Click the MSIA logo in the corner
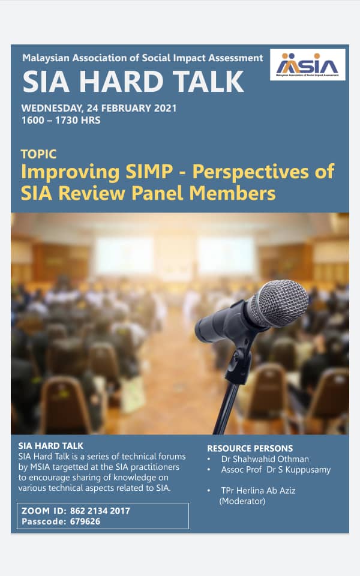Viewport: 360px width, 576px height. click(x=307, y=65)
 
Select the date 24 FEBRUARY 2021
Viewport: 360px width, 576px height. click(x=131, y=109)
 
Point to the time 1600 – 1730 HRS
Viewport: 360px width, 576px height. click(x=61, y=121)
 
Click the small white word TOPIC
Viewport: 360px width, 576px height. click(x=38, y=154)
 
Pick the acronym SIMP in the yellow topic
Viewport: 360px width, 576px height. click(x=149, y=172)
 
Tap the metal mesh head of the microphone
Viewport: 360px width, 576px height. click(x=283, y=302)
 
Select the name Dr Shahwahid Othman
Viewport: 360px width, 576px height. click(x=265, y=459)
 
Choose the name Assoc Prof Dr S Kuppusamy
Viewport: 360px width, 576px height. click(x=275, y=470)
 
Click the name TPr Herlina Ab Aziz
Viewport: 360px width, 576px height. click(x=258, y=491)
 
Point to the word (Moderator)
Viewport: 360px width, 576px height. click(x=242, y=501)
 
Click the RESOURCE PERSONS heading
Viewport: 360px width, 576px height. click(x=250, y=449)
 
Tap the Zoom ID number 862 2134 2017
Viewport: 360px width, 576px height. click(x=100, y=511)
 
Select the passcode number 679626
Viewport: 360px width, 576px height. click(x=85, y=521)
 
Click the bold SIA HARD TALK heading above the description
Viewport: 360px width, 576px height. click(x=50, y=446)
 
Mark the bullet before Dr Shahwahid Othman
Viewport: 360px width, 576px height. click(x=209, y=459)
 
